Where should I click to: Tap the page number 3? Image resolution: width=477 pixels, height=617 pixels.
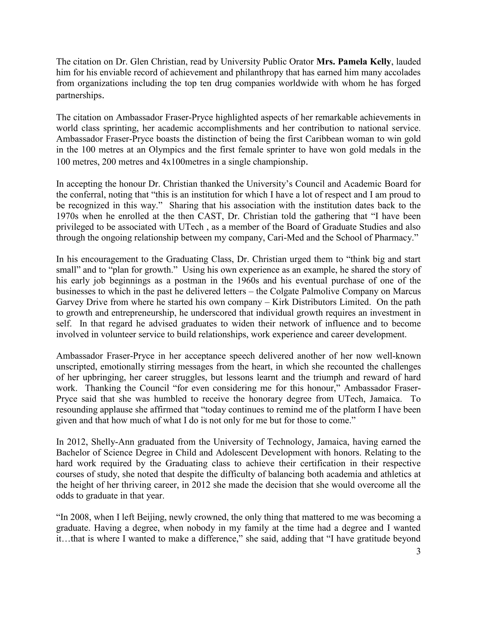click(418, 551)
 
